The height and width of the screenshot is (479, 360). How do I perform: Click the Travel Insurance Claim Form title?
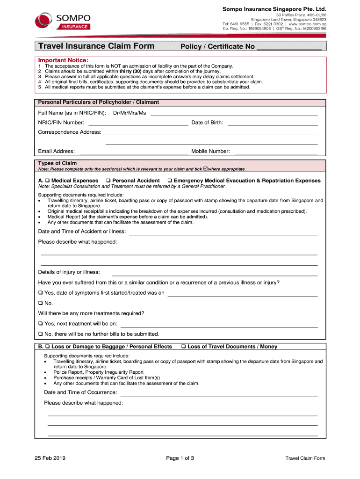pos(96,46)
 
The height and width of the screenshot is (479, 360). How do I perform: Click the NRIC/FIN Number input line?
pos(138,124)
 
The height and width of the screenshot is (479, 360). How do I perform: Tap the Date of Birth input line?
pos(272,124)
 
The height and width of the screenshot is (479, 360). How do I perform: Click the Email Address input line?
pos(134,152)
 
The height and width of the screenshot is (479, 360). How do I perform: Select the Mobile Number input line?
pos(275,152)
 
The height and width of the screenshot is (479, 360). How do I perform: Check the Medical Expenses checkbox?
pos(47,181)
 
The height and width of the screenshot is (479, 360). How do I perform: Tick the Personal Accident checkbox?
pos(108,181)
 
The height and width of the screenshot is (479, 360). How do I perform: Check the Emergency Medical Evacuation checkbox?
pos(170,181)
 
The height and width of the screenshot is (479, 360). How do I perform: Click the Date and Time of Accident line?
pos(223,233)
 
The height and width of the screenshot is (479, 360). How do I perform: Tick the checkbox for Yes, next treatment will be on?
pos(41,324)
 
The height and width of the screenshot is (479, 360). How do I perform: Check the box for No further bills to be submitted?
pos(41,334)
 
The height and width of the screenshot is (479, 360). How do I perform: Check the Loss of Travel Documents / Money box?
pos(183,347)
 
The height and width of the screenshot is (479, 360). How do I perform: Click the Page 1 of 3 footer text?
pos(180,458)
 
